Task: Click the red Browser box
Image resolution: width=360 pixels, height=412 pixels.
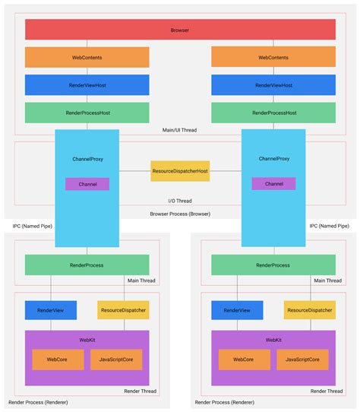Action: point(180,30)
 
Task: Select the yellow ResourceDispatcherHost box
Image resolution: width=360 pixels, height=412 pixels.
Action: point(180,171)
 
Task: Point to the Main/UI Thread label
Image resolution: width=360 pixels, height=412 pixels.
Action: point(181,130)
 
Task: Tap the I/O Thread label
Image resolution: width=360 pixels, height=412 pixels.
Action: point(180,201)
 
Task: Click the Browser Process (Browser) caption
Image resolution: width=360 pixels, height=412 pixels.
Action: point(180,214)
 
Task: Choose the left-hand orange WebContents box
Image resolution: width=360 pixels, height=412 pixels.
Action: point(87,57)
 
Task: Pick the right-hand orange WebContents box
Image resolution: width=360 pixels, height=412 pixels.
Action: point(273,57)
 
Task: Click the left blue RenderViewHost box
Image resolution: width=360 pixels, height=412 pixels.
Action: point(87,85)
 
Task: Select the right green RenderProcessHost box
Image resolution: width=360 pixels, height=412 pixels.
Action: point(273,113)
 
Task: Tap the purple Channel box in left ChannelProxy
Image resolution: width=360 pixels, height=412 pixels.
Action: point(87,184)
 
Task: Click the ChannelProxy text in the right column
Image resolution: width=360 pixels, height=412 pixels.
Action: point(273,159)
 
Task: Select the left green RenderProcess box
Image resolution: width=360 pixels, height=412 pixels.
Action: point(87,265)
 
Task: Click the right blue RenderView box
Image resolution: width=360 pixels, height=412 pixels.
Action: point(237,310)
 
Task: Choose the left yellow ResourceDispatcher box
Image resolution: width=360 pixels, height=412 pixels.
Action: point(123,310)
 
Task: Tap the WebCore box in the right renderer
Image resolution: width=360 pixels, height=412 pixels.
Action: point(244,360)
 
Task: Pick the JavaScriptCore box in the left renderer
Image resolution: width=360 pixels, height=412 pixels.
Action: point(116,360)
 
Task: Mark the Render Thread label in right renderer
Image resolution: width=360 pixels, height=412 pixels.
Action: point(324,391)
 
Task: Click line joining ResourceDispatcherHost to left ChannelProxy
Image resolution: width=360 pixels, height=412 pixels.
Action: point(134,171)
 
